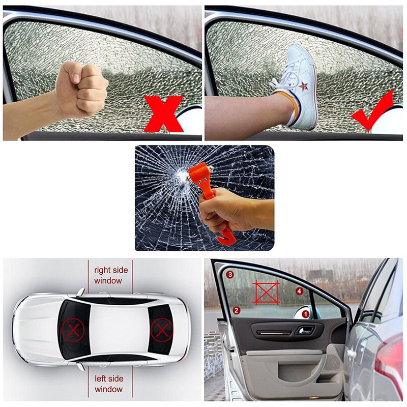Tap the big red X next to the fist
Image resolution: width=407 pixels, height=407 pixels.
(x=163, y=113)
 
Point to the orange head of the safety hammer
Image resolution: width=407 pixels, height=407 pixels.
(x=200, y=176)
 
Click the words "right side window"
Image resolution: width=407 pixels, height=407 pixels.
(x=111, y=275)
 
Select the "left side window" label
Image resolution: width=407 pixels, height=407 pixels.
(x=109, y=384)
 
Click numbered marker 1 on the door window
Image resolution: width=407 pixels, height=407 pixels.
(x=306, y=314)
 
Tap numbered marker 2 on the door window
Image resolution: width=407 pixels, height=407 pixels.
(x=236, y=310)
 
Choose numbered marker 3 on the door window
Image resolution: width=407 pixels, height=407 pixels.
(x=230, y=275)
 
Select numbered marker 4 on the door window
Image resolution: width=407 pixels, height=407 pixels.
(x=299, y=291)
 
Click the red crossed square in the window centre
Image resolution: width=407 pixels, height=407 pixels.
(x=266, y=292)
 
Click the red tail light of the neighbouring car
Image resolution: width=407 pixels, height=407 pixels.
(x=391, y=363)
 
